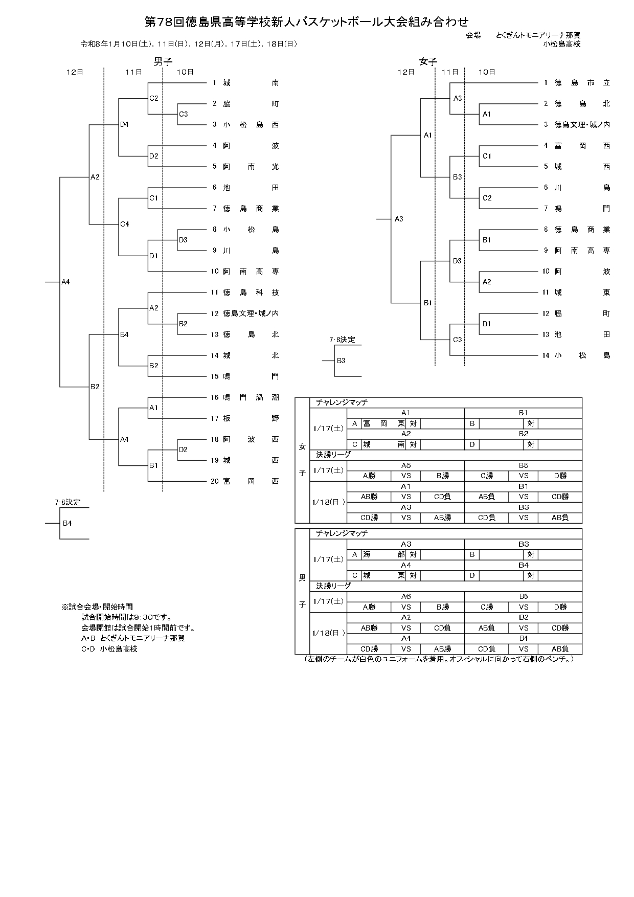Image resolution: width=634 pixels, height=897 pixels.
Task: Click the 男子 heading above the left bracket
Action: (x=163, y=62)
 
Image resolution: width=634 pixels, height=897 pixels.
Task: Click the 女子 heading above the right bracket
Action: (x=428, y=62)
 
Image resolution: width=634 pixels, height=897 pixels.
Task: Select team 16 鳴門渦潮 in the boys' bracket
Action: (x=251, y=397)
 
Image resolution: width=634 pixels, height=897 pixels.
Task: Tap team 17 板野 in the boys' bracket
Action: (x=251, y=418)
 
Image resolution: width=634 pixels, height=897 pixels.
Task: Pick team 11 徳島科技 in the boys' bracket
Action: (x=251, y=293)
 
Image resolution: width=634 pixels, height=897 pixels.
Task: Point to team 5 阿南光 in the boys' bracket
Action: (x=251, y=167)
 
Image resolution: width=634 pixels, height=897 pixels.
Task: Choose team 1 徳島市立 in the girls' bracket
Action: (x=582, y=83)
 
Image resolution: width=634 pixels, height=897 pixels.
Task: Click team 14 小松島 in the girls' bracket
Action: (x=582, y=355)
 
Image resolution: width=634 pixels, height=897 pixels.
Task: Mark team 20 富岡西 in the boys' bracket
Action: (x=251, y=481)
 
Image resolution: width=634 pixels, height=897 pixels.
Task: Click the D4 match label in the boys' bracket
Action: (x=125, y=124)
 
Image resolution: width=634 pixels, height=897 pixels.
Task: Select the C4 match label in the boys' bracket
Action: (x=125, y=224)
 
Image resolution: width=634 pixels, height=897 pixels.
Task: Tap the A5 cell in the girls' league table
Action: (x=405, y=465)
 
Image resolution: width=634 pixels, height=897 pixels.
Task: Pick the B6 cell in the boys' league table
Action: (x=523, y=596)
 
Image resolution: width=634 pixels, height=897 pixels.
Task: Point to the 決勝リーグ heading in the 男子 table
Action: (x=333, y=586)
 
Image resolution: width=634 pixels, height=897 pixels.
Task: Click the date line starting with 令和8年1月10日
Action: (x=189, y=44)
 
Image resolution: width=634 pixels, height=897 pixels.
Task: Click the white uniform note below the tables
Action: (x=439, y=659)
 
